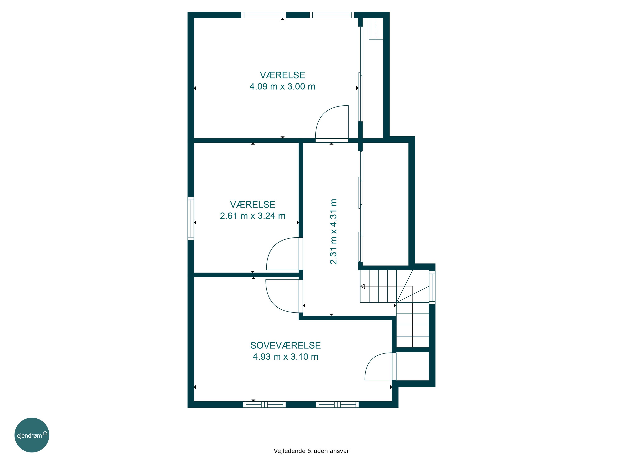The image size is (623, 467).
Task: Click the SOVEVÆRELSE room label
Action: coord(285,345)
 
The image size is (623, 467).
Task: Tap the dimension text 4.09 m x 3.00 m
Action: coord(282,86)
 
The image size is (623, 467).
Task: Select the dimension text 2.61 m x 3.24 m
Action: coord(253,216)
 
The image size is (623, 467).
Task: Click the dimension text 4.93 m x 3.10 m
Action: coord(285,357)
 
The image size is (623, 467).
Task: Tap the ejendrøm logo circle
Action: coord(32,435)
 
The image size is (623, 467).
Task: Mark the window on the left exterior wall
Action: coord(191,218)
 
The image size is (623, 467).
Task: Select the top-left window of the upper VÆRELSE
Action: coord(263,15)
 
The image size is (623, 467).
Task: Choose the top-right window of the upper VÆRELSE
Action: coord(332,15)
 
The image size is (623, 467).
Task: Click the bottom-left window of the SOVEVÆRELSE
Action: coord(264,405)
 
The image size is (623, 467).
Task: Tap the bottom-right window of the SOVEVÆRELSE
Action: coord(337,405)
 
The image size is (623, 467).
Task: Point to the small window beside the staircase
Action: coord(432,287)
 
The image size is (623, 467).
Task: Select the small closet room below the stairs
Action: coord(413,366)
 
